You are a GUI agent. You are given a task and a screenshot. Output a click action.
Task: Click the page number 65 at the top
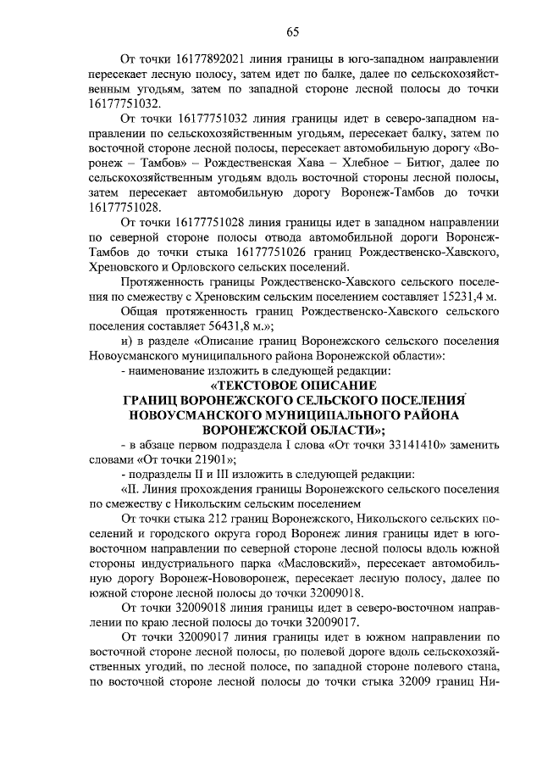pyautogui.click(x=292, y=32)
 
